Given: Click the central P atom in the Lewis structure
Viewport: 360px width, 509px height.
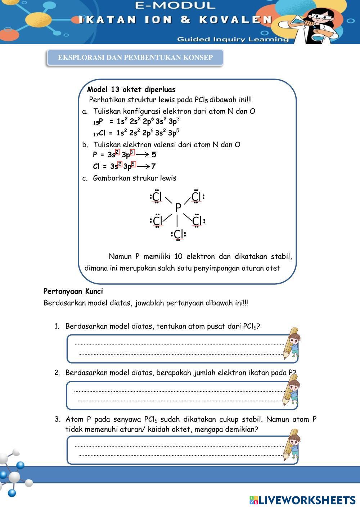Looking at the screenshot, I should tap(178, 208).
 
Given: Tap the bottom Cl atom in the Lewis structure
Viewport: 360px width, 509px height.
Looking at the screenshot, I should tap(179, 234).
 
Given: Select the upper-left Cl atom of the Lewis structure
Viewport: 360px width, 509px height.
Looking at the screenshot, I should tap(157, 197).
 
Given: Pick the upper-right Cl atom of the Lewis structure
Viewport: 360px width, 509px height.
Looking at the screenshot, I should tap(196, 197).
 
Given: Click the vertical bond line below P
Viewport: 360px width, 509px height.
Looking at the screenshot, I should tap(177, 220).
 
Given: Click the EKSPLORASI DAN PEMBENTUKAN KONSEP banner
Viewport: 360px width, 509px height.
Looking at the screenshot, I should tap(135, 58).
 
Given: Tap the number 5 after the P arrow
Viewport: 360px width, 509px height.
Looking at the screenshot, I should tap(154, 155).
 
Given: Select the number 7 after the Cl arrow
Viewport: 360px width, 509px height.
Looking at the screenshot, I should tap(153, 166).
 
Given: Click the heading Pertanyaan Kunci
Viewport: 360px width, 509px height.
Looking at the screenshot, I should tap(73, 291).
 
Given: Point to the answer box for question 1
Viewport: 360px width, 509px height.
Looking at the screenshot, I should tap(178, 348).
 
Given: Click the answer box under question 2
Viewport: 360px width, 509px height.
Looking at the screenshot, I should tap(178, 395).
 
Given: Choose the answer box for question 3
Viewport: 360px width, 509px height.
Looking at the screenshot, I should tap(178, 450).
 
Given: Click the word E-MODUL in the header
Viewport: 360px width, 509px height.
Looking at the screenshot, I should tap(176, 5).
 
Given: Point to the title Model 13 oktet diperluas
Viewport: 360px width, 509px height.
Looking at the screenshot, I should tap(131, 89).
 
